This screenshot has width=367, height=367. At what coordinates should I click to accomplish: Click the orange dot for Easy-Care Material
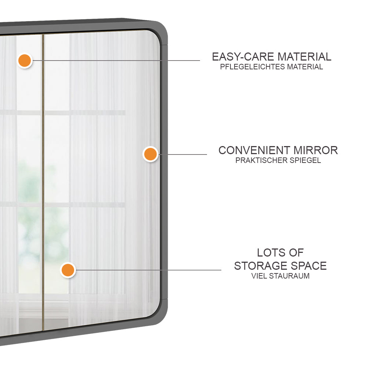[x=25, y=60]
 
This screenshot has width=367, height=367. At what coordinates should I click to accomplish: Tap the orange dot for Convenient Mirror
[x=150, y=154]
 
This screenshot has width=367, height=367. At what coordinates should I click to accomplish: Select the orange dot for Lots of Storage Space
[x=68, y=270]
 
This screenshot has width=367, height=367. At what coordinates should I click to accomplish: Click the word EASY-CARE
[x=243, y=57]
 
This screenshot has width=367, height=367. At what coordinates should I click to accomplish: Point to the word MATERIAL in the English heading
[x=304, y=57]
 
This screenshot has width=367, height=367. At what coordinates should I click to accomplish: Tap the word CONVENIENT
[x=254, y=150]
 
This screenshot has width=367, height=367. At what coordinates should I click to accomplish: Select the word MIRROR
[x=315, y=150]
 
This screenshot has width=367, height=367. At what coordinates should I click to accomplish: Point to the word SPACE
[x=308, y=265]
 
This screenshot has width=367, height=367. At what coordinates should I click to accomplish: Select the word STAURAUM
[x=289, y=276]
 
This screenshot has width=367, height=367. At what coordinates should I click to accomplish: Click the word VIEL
[x=259, y=276]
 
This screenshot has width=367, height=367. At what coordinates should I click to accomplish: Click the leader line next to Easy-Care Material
[x=117, y=60]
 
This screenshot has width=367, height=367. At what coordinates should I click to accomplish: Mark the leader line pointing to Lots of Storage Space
[x=147, y=270]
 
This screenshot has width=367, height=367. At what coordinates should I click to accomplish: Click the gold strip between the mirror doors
[x=43, y=183]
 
